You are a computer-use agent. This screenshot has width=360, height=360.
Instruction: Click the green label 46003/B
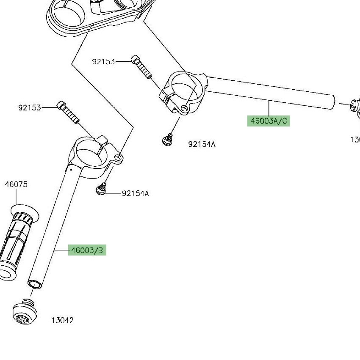(87, 250)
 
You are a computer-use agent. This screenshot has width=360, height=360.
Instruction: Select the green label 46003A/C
(269, 121)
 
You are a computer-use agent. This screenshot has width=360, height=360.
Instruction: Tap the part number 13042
(63, 321)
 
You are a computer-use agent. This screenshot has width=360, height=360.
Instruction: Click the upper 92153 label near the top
(103, 62)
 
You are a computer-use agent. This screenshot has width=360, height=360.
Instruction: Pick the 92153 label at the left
(30, 108)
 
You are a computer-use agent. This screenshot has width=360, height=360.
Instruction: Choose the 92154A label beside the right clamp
(202, 144)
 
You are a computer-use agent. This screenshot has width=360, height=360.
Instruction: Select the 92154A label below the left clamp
(136, 194)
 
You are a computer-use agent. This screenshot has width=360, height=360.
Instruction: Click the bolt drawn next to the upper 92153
(141, 67)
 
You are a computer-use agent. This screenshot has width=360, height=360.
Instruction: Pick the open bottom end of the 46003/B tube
(35, 283)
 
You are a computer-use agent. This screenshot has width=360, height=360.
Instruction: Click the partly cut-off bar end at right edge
(355, 106)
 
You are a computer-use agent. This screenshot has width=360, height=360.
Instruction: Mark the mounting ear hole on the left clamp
(119, 158)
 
